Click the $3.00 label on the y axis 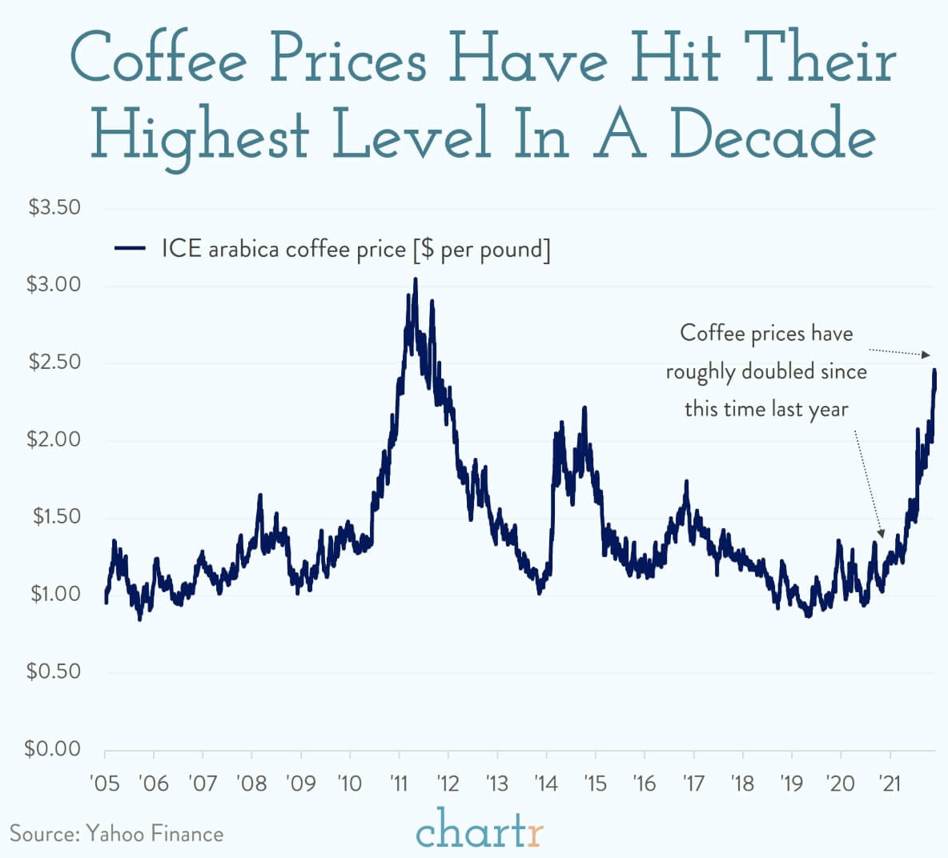coord(54,284)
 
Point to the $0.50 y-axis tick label coord(54,671)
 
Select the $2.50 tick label coord(54,362)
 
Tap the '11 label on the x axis coord(399,782)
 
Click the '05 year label coord(105,782)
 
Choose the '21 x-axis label coord(890,782)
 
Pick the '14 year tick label coord(546,782)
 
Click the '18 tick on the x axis coord(742,782)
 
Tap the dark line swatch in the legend coord(130,249)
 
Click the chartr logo coord(479,830)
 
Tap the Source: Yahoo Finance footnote coord(117,834)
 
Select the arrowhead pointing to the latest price coord(926,355)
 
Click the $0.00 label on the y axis coord(54,748)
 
